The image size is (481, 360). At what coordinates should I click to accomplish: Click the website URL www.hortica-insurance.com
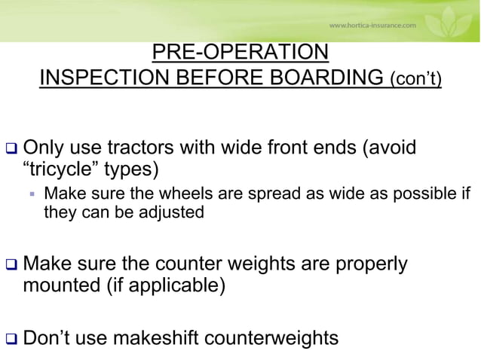[372, 25]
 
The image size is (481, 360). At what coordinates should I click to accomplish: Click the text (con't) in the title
[415, 80]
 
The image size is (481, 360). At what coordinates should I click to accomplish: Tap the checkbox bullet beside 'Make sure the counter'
[11, 267]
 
